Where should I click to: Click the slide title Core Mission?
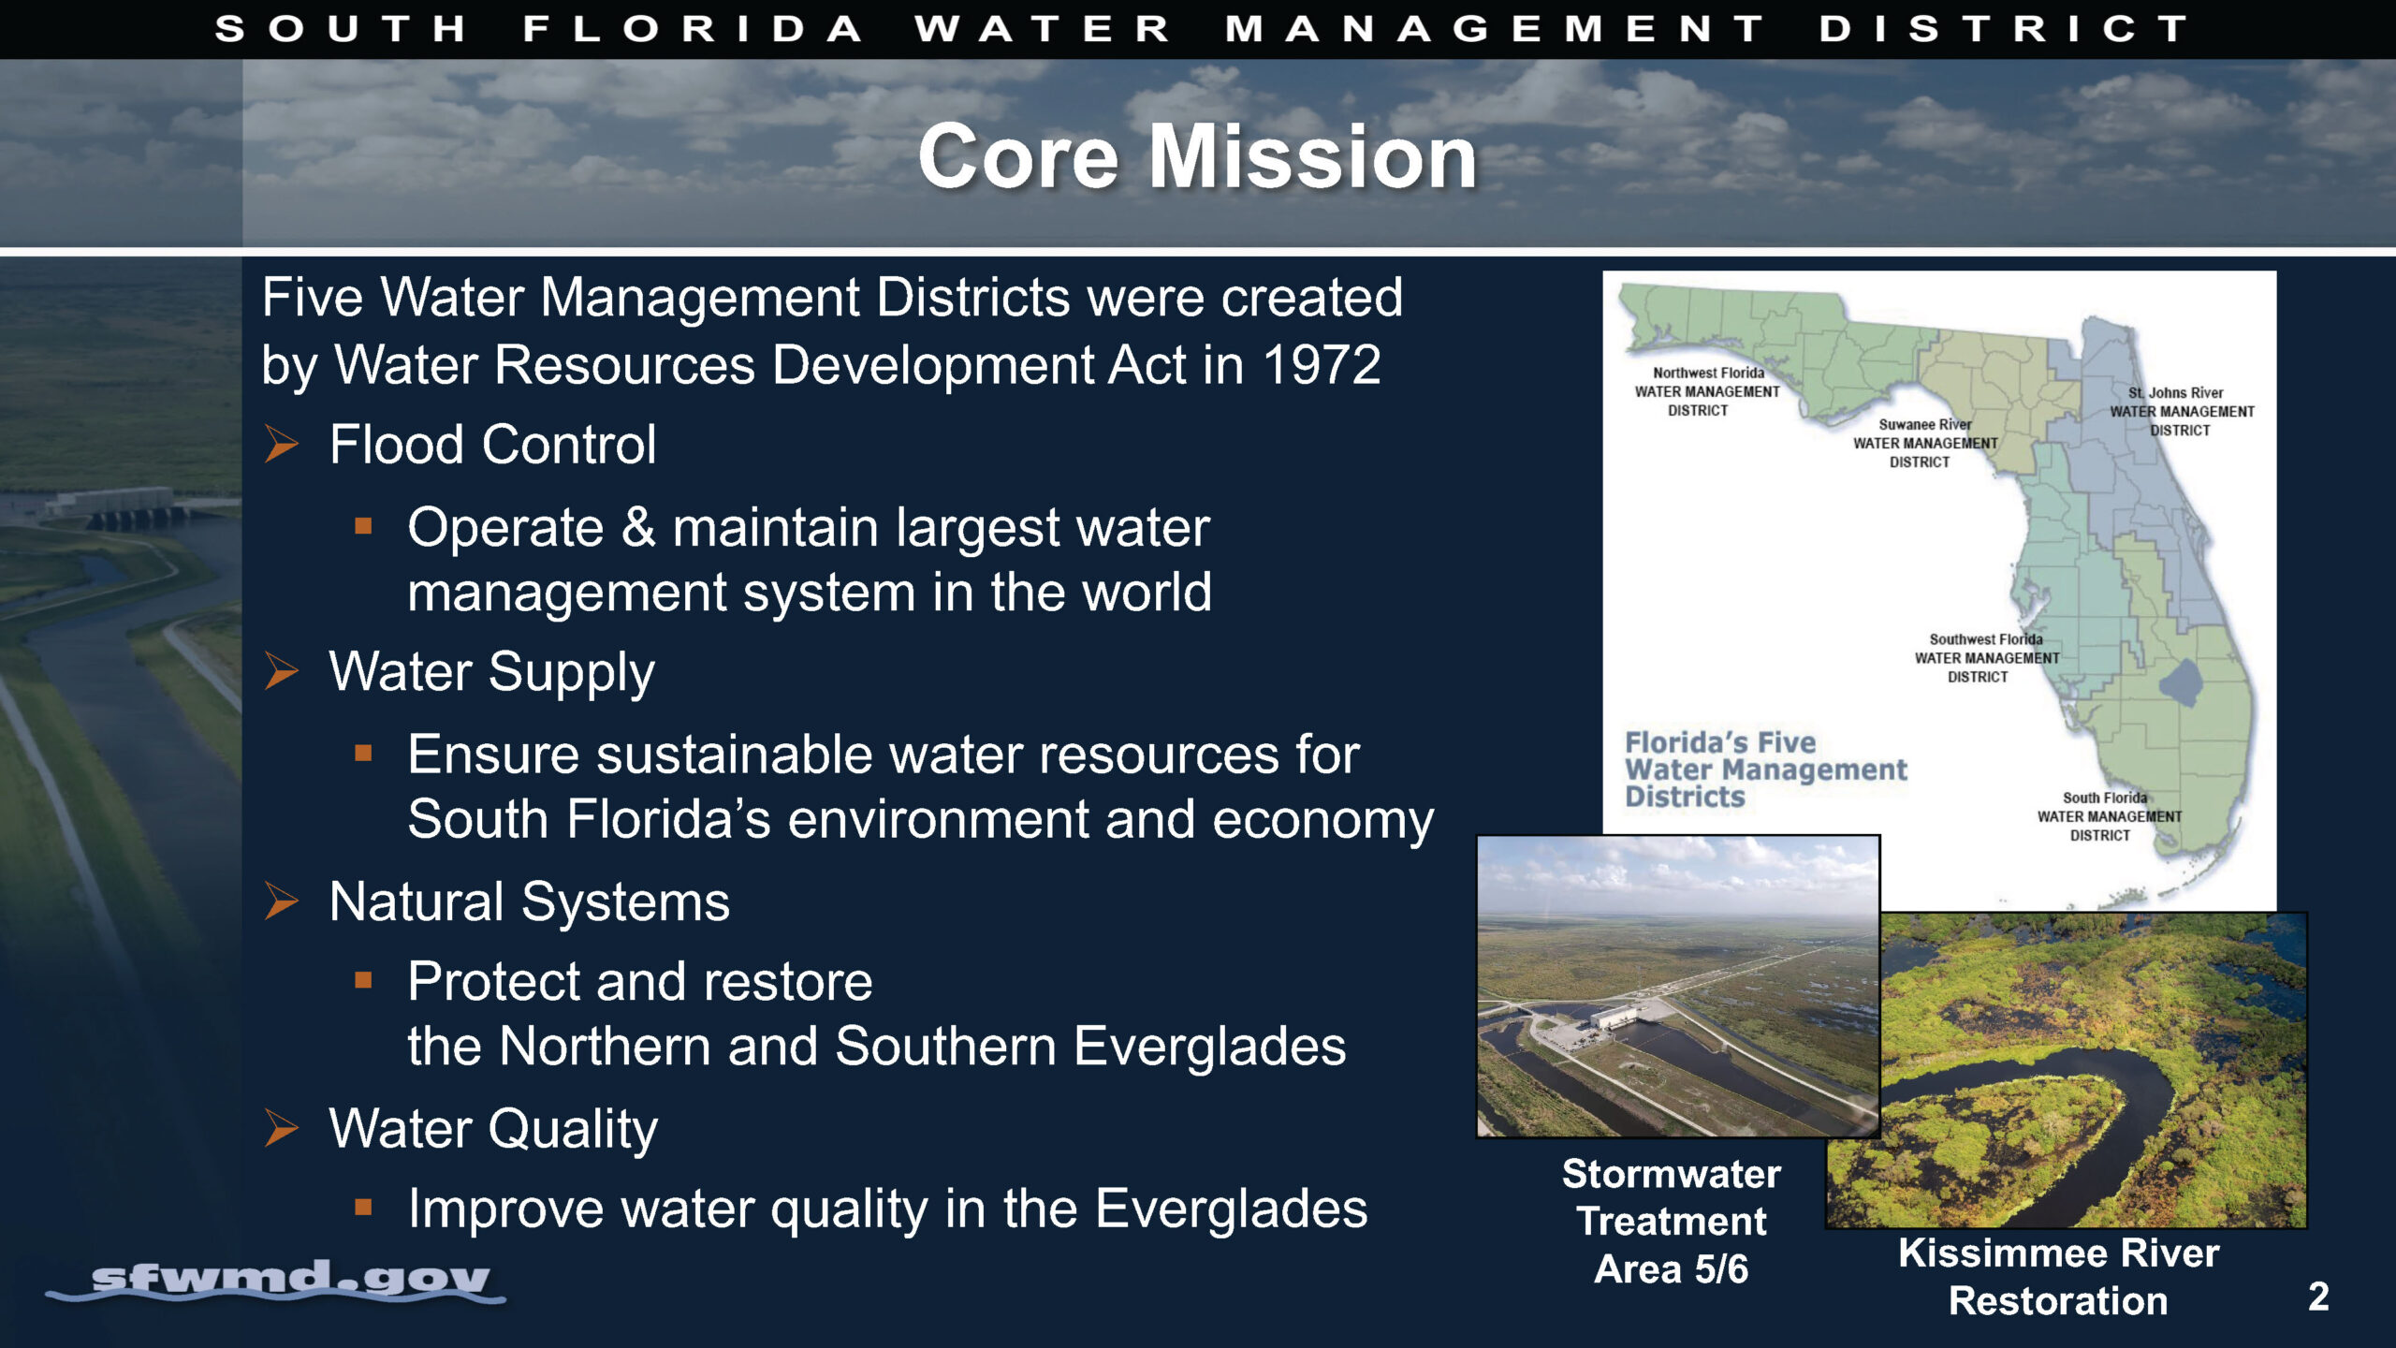point(1197,156)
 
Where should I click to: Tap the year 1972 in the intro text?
point(1322,364)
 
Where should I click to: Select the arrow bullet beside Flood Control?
point(281,444)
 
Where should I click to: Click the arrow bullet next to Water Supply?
point(281,671)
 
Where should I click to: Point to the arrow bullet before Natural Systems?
point(281,901)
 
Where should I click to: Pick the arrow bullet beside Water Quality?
point(281,1128)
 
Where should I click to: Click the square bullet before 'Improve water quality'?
point(364,1208)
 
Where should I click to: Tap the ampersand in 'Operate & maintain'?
point(638,527)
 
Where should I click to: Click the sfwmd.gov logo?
point(277,1281)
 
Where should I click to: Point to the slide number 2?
point(2318,1297)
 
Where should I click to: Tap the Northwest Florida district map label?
point(1707,391)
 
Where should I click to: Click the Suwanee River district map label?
point(1925,443)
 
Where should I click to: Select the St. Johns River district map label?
point(2182,411)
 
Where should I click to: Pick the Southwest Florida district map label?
point(1986,658)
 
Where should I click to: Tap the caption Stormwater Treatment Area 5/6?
point(1672,1222)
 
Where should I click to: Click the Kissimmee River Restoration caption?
point(2058,1277)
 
